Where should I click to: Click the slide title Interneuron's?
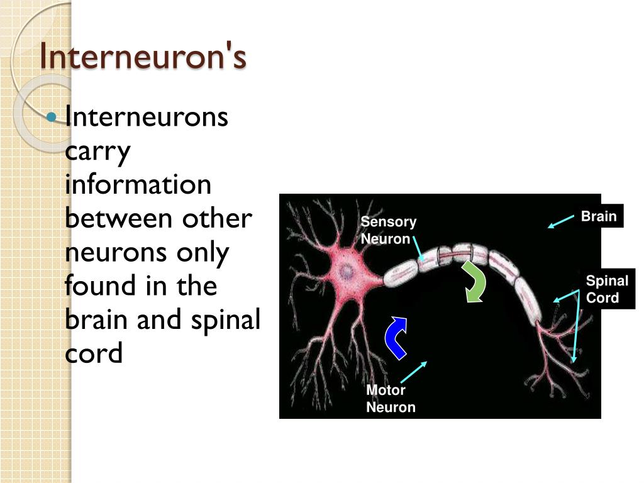click(143, 57)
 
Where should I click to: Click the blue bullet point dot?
click(52, 116)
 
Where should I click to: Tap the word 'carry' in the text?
click(97, 152)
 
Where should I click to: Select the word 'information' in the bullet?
click(138, 184)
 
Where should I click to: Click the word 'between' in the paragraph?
click(119, 218)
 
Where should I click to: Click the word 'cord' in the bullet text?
click(94, 353)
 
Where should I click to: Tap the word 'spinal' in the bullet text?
click(224, 320)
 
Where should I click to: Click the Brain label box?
click(598, 216)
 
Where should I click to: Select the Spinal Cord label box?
click(607, 289)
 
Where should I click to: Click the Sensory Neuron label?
click(388, 230)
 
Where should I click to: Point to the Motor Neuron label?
click(391, 399)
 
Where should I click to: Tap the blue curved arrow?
click(395, 338)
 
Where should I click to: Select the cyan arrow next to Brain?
click(561, 221)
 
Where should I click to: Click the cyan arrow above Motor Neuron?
click(413, 372)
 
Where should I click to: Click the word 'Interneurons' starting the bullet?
click(147, 118)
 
